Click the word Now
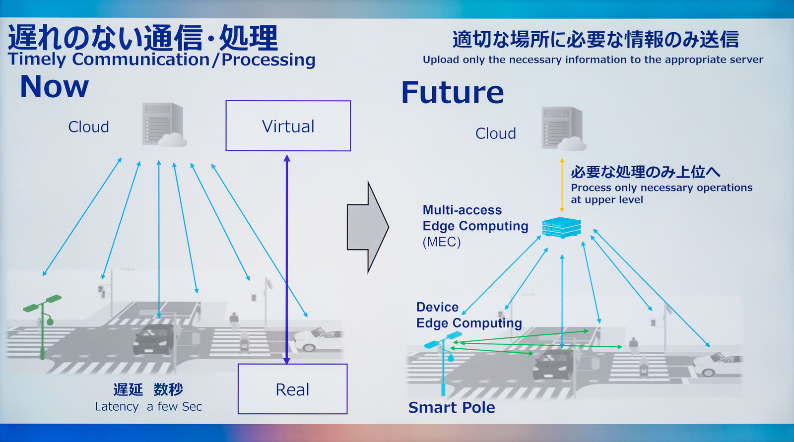click(x=55, y=87)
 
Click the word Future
click(x=452, y=93)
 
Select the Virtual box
click(x=288, y=126)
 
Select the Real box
click(x=292, y=389)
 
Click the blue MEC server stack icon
click(x=561, y=227)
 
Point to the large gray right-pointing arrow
click(x=367, y=227)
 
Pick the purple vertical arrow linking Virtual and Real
click(x=286, y=258)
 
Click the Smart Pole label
click(x=452, y=408)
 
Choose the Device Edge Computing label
click(x=468, y=315)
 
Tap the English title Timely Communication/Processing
click(x=162, y=60)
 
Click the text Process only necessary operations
click(x=661, y=188)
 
